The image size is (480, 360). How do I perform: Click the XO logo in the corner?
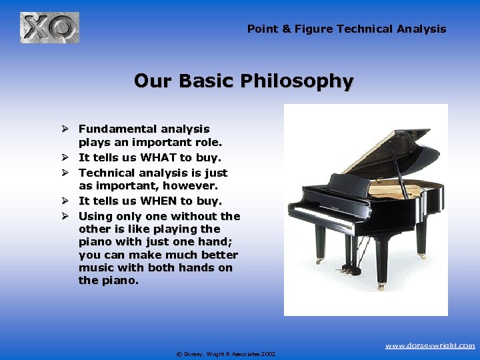click(49, 28)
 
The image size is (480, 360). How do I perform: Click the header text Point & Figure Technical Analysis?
click(347, 29)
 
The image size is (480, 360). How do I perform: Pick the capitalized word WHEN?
click(158, 201)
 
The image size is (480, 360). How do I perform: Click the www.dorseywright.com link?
click(430, 345)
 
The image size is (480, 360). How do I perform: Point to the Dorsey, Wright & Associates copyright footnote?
click(225, 354)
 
